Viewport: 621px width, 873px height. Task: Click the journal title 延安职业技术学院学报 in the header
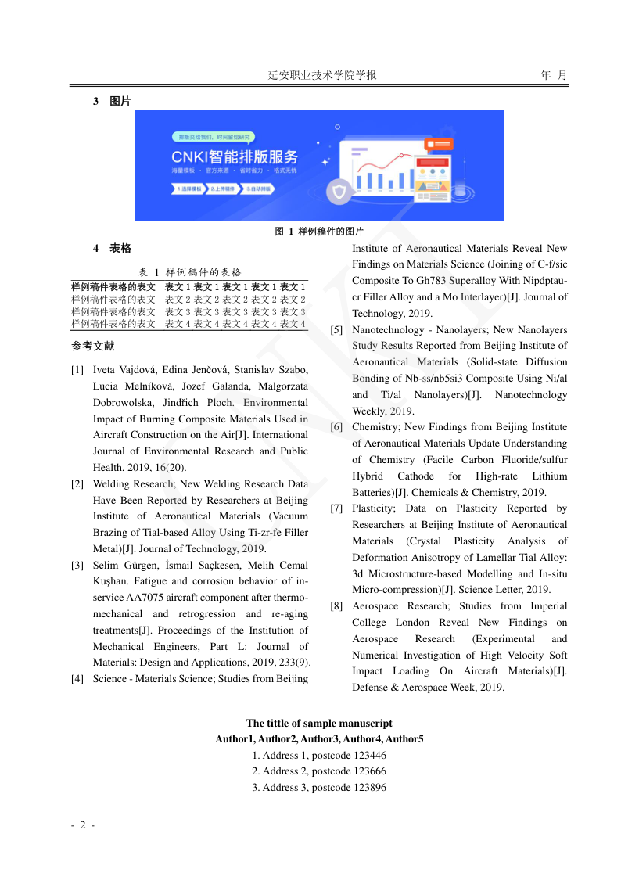[322, 75]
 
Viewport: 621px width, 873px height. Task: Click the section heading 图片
[120, 102]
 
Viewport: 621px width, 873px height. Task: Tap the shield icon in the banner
[339, 192]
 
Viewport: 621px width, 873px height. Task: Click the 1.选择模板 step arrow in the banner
[188, 189]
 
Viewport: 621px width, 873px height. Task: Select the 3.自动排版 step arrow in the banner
[258, 189]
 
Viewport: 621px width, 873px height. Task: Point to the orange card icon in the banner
[438, 145]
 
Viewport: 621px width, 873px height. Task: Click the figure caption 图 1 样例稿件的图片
[319, 232]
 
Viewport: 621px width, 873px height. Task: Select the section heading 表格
[120, 248]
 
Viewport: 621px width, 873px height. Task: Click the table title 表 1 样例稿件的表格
[190, 272]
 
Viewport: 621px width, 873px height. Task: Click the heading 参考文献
[92, 346]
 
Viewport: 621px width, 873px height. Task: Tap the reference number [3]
[77, 566]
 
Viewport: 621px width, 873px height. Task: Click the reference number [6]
[336, 427]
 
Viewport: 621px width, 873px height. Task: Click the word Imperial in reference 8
[548, 606]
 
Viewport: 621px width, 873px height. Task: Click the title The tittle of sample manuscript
[319, 724]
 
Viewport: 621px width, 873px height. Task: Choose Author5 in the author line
[404, 739]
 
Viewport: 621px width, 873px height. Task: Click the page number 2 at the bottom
[83, 825]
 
